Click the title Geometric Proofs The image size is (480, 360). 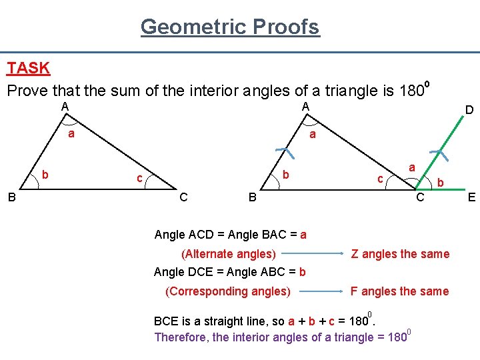230,27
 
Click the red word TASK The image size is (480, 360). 28,68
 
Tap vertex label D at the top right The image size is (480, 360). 469,109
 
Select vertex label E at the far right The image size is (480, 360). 471,197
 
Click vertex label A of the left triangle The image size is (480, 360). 65,107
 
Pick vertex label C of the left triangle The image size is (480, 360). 183,197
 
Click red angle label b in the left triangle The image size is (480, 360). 45,175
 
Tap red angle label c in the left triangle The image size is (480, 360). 139,178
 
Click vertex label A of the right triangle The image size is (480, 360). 304,107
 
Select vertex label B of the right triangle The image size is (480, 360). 252,197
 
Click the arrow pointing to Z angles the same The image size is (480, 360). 313,254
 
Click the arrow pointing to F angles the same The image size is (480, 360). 320,291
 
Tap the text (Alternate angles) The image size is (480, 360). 229,254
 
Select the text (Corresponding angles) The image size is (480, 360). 227,291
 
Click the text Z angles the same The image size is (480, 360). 400,254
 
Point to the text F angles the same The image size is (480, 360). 400,291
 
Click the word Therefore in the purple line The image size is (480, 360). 181,337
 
